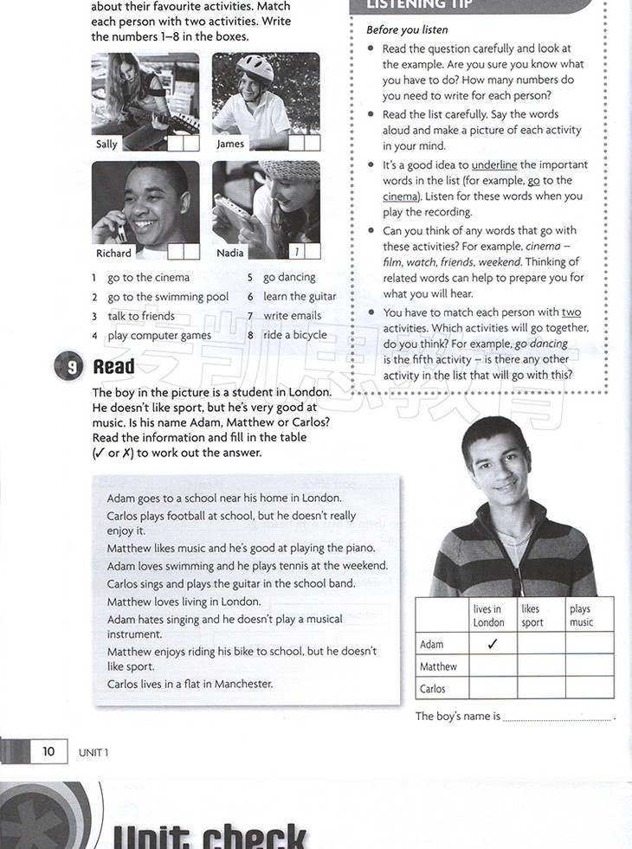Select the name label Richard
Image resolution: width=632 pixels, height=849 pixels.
[x=113, y=253]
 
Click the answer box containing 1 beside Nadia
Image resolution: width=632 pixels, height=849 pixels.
[x=297, y=252]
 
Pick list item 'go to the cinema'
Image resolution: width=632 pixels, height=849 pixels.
[x=148, y=278]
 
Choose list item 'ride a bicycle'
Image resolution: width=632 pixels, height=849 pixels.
[x=295, y=335]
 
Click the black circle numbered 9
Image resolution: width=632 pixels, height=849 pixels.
[x=71, y=367]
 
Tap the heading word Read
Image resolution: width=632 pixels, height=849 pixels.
[x=113, y=367]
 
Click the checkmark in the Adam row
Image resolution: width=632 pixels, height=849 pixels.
[x=493, y=643]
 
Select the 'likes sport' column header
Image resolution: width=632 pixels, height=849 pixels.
[x=532, y=615]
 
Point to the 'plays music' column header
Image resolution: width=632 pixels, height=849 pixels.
[x=581, y=615]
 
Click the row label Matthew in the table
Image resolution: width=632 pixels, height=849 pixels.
[x=438, y=666]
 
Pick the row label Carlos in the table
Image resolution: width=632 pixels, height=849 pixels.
[x=433, y=689]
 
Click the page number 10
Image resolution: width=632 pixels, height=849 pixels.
[x=48, y=751]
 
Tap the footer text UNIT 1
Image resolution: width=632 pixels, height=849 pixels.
[x=94, y=752]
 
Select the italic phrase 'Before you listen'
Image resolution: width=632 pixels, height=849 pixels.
[x=407, y=29]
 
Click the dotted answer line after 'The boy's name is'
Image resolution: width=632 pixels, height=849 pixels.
[x=557, y=718]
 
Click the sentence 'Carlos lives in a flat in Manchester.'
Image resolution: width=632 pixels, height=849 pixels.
[x=190, y=684]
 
